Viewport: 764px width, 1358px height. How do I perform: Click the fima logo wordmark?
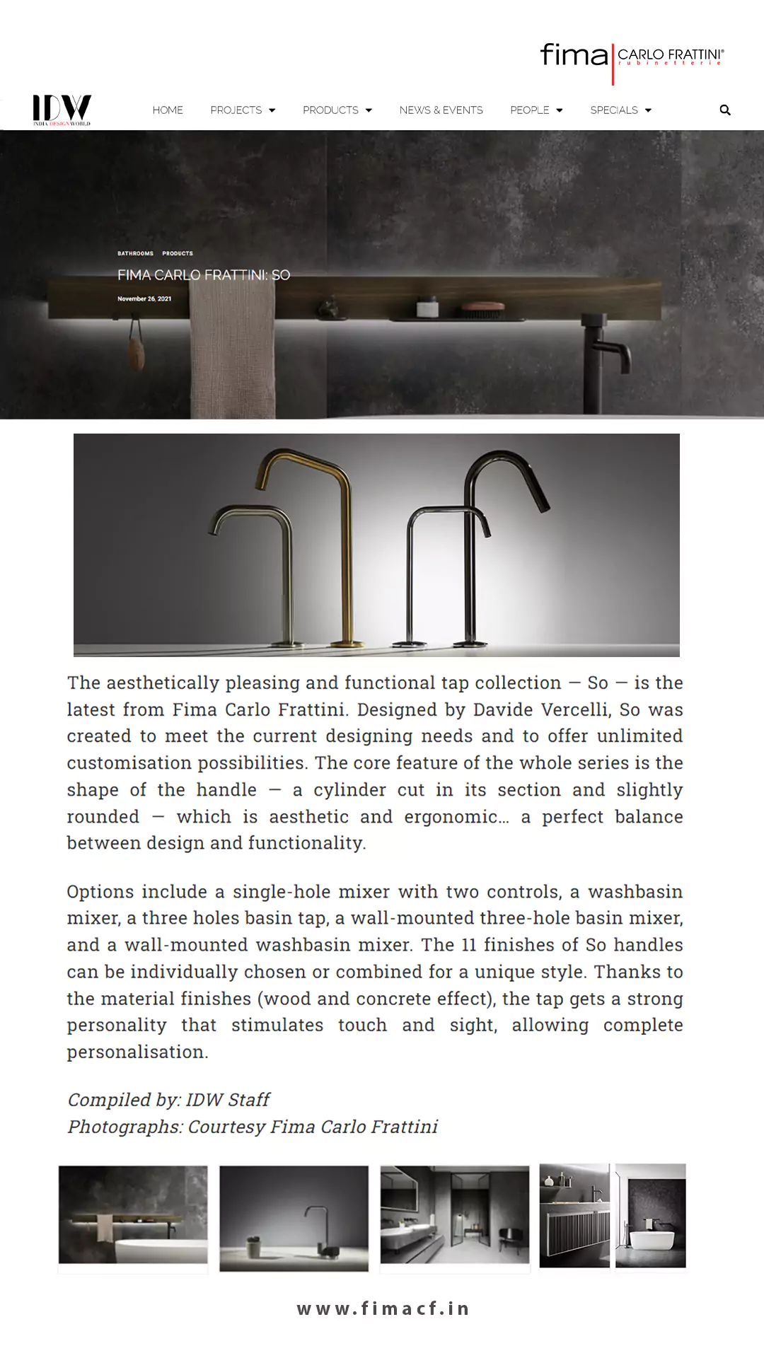coord(574,55)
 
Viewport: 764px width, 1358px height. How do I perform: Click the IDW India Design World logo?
coord(62,110)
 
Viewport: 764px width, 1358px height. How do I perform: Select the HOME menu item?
coord(168,110)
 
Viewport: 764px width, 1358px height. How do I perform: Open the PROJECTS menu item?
coord(243,110)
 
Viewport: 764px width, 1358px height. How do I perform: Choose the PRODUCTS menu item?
coord(337,110)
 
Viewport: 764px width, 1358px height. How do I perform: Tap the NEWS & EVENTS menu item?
coord(441,110)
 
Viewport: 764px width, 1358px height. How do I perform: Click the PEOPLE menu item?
coord(536,110)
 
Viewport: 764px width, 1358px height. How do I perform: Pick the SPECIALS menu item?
coord(620,110)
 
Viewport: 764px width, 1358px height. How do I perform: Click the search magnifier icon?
coord(725,110)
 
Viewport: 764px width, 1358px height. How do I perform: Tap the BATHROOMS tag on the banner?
coord(135,253)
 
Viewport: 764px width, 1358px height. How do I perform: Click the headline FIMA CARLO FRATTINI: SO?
coord(204,275)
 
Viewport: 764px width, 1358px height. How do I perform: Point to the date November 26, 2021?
coord(144,298)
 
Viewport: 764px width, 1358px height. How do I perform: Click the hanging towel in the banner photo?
coord(232,347)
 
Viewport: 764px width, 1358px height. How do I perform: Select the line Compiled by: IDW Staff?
coord(168,1100)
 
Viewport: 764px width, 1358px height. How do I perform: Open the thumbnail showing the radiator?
coord(574,1216)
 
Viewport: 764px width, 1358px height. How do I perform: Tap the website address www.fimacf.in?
coord(383,1308)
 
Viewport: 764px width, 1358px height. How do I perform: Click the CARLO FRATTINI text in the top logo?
coord(670,55)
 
